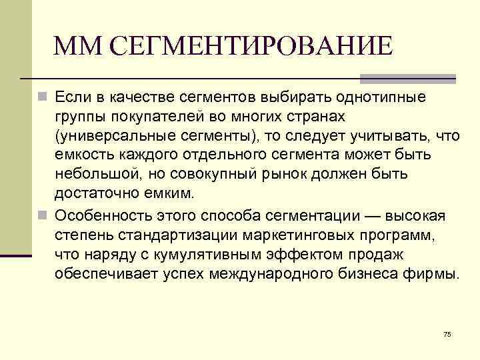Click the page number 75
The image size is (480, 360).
(447, 334)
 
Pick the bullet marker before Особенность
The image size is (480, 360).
(42, 216)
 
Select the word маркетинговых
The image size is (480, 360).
(301, 235)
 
